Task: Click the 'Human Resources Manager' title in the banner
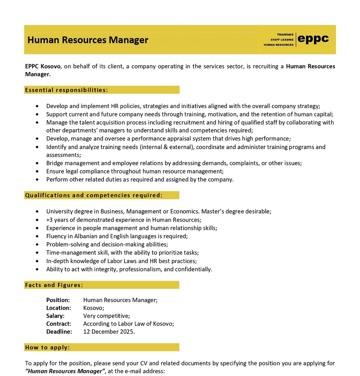88,40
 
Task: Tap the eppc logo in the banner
314,39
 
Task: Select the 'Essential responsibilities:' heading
67,90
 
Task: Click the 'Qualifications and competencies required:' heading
94,195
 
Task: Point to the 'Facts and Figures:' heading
54,285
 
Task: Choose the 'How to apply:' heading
47,348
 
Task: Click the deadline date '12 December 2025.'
109,332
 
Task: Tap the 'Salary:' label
56,316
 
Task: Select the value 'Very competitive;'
107,316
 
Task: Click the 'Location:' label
58,308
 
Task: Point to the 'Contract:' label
58,324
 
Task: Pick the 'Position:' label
58,300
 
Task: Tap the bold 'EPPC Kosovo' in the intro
43,67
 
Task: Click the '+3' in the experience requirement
49,220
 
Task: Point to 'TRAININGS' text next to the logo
285,35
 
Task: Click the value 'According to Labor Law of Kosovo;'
129,324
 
